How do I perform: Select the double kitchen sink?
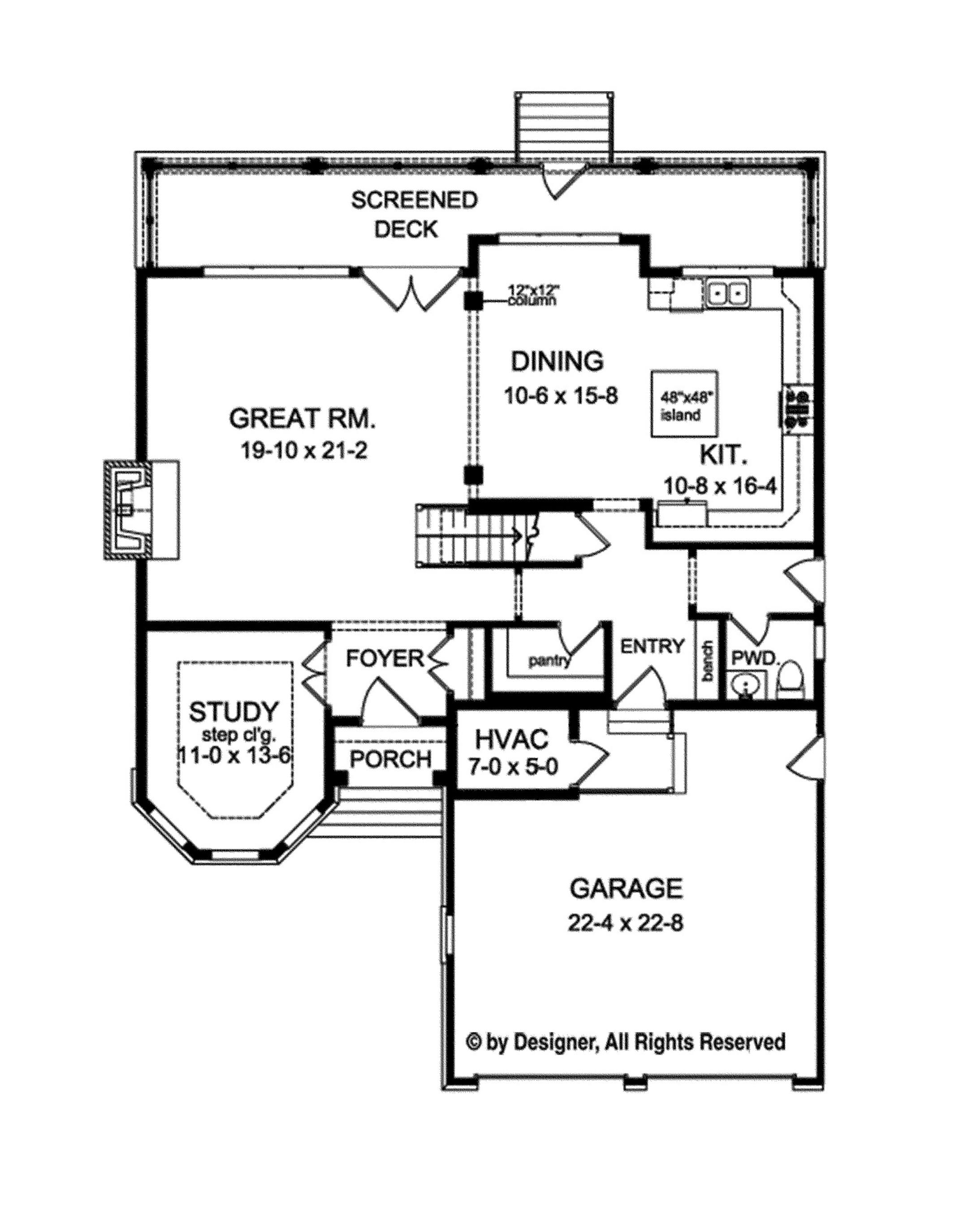[x=727, y=292]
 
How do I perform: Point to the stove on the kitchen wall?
[x=797, y=411]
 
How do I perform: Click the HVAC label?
[x=512, y=740]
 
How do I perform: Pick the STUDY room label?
[x=233, y=712]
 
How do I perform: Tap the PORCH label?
[x=390, y=759]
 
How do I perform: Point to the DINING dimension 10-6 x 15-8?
[x=560, y=396]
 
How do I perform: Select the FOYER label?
[x=385, y=659]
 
